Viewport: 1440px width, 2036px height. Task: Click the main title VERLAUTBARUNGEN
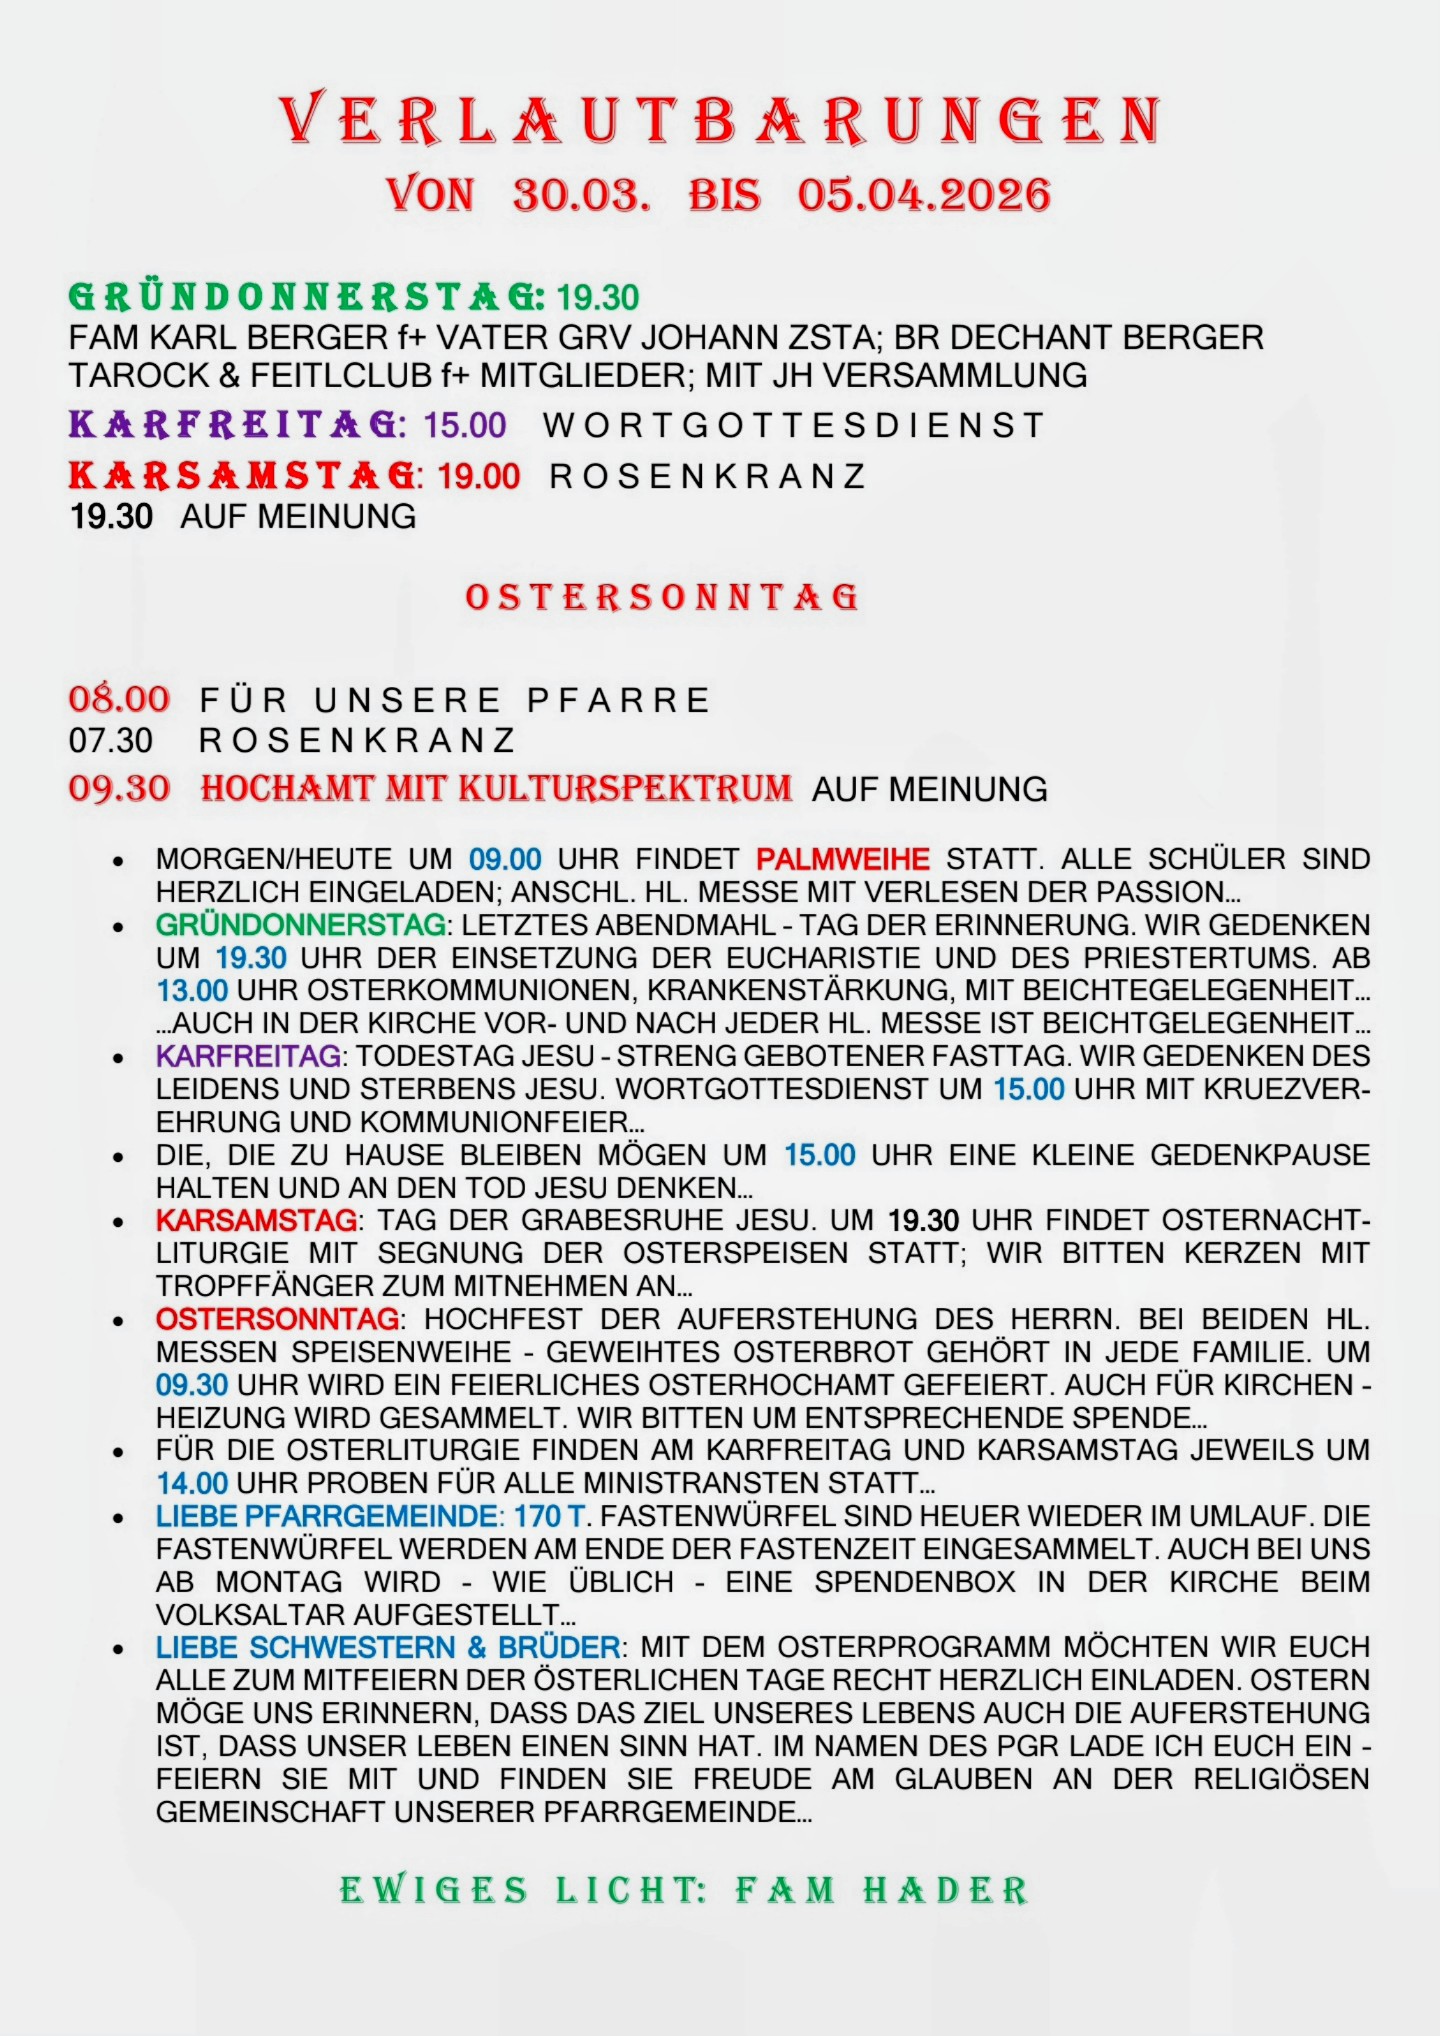coord(719,120)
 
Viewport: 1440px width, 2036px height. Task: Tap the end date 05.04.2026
coord(924,195)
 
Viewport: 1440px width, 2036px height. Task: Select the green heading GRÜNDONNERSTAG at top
coord(306,297)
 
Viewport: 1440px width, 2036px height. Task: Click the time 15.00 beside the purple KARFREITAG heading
coord(465,426)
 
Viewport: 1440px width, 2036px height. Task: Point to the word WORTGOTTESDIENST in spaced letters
coord(794,426)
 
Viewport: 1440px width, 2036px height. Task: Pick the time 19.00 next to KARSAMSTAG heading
coord(479,476)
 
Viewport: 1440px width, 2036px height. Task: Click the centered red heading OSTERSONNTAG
coord(662,597)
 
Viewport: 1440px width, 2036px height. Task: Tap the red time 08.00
coord(119,699)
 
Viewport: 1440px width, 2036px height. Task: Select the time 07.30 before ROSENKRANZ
coord(111,741)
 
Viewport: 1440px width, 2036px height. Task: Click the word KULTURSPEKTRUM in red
coord(625,789)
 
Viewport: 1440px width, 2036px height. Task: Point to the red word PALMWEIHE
coord(842,859)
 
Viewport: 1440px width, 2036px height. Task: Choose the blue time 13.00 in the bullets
coord(192,991)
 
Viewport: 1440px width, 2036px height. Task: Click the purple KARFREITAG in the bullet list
coord(248,1056)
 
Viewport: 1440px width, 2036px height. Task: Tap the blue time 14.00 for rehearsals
coord(192,1483)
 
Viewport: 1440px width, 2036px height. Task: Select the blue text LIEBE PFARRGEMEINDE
coord(327,1516)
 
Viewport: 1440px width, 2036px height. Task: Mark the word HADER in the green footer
coord(945,1891)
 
